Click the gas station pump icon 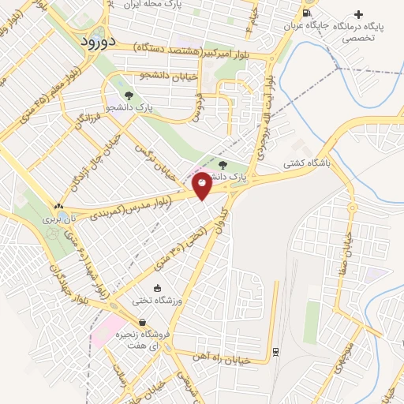click(306, 12)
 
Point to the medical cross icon click(359, 15)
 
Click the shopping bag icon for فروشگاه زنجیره click(141, 323)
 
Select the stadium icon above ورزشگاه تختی click(158, 288)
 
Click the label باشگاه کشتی click(308, 165)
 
